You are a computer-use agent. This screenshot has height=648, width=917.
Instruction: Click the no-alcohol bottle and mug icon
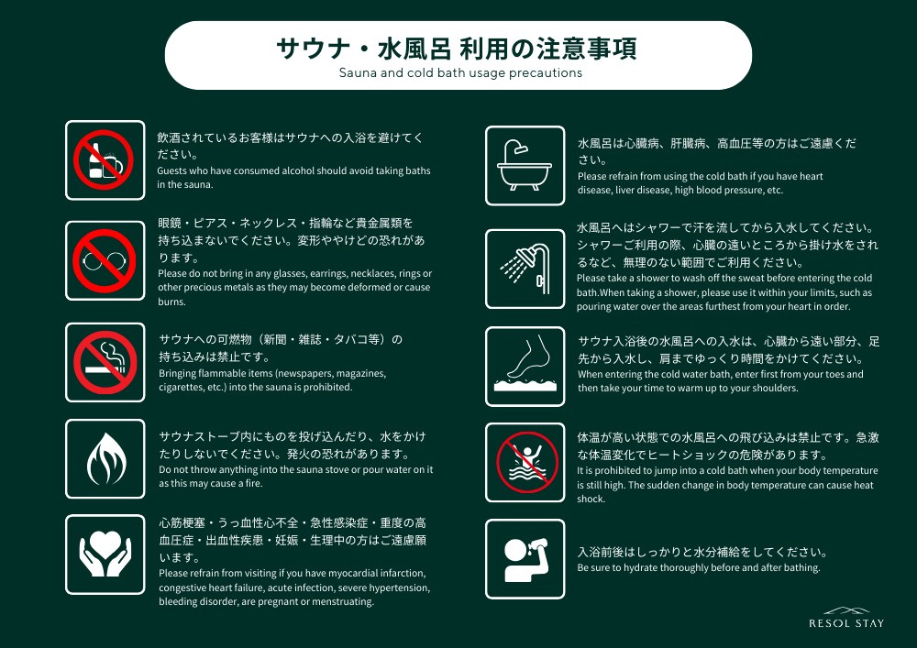tap(105, 160)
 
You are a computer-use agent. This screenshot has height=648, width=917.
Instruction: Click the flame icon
tap(105, 459)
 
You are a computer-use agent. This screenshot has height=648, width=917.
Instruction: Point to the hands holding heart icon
tap(105, 555)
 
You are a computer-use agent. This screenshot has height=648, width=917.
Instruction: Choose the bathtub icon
tap(525, 166)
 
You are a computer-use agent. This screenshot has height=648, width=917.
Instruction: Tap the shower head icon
tap(525, 269)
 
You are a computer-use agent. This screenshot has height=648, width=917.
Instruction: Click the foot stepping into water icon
tap(525, 368)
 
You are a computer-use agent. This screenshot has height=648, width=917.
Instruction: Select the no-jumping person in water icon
tap(525, 462)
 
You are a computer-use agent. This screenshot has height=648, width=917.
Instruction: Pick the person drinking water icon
tap(525, 558)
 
